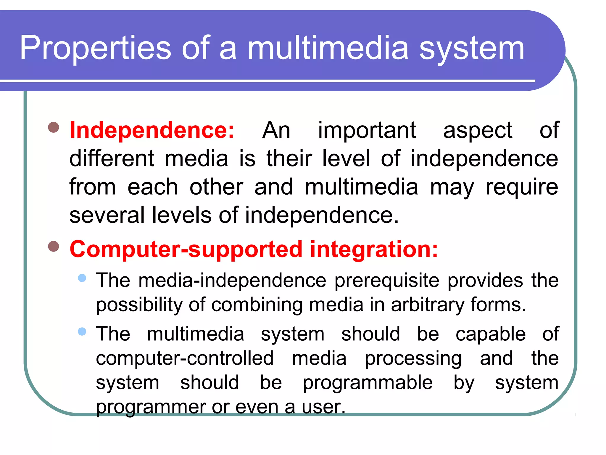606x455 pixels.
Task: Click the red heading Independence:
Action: (152, 130)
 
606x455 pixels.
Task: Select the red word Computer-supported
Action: (186, 249)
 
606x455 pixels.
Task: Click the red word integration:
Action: (374, 249)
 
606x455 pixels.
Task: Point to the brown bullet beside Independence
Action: (54, 128)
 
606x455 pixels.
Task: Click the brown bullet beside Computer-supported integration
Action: (54, 246)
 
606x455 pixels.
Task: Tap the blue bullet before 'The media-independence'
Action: (82, 278)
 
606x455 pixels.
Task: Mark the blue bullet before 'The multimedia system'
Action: (82, 331)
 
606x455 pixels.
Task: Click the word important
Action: (367, 130)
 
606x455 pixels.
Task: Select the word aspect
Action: (478, 130)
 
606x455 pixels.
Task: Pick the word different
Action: (112, 158)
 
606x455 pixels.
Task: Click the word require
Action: (522, 187)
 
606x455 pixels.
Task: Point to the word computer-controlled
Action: (185, 358)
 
